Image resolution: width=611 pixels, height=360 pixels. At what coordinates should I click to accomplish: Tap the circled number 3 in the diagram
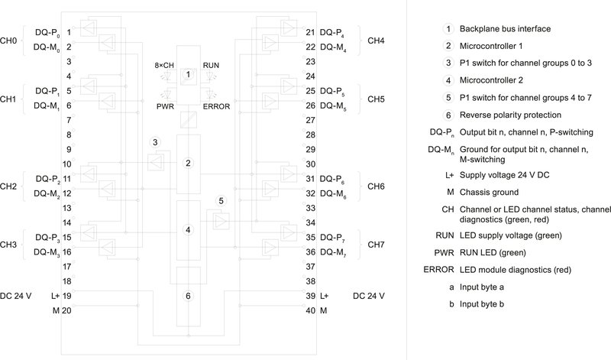(155, 142)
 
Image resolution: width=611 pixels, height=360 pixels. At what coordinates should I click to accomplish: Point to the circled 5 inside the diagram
(221, 201)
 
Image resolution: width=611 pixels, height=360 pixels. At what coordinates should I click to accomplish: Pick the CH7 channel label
(376, 245)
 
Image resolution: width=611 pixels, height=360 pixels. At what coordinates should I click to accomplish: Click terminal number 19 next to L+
(68, 295)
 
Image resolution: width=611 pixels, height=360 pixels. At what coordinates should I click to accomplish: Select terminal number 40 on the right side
(309, 310)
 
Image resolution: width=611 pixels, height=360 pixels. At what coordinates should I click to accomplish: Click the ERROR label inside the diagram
(216, 106)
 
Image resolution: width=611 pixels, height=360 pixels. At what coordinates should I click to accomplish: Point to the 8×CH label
(164, 66)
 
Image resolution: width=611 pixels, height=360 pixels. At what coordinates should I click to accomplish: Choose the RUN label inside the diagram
(211, 66)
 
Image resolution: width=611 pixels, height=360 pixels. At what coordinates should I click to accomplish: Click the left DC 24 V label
(17, 295)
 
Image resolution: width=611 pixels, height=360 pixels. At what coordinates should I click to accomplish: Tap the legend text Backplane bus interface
(505, 29)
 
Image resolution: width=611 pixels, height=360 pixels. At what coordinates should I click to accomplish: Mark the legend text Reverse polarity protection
(510, 115)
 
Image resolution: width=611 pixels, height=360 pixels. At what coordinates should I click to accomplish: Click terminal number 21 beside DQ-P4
(309, 32)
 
